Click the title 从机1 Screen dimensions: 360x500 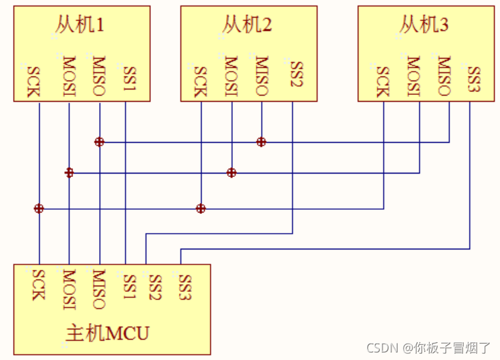click(x=81, y=25)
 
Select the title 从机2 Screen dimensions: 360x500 click(x=247, y=25)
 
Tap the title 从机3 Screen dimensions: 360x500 click(x=424, y=25)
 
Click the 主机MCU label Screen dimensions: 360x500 click(x=107, y=333)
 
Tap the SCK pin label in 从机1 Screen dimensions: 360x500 click(x=33, y=81)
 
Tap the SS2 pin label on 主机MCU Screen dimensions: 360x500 click(x=155, y=287)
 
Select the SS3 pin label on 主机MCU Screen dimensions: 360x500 click(x=184, y=287)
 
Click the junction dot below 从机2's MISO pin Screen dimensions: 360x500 click(x=261, y=142)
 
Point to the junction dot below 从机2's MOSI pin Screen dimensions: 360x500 click(x=232, y=173)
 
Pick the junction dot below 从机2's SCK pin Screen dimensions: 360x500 click(x=201, y=208)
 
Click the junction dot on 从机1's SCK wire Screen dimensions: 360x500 click(x=39, y=208)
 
